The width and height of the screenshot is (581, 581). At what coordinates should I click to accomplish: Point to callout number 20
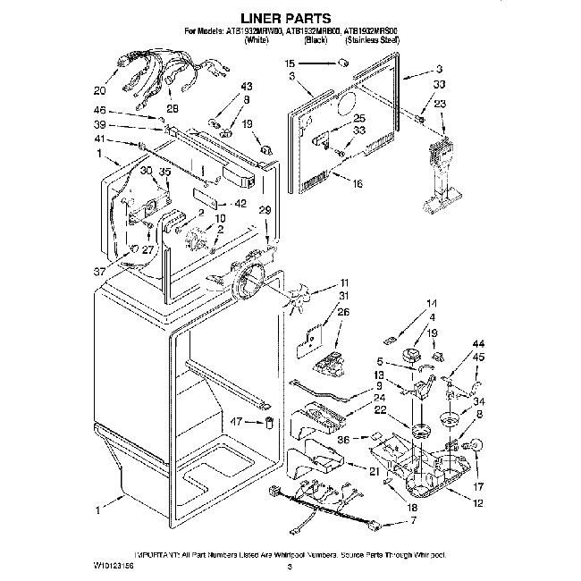coord(99,90)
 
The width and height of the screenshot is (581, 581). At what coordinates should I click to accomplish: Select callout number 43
coord(248,87)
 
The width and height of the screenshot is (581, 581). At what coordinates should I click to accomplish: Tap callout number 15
coord(290,64)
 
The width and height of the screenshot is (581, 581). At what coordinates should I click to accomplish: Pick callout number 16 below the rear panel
coord(358,185)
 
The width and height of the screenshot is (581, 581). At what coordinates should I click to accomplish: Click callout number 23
coord(440,104)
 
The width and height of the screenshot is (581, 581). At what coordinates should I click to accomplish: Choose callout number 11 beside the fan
coord(344,283)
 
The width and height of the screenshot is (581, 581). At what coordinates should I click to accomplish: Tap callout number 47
coord(238,420)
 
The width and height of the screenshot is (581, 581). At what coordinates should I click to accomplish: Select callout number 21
coord(373,472)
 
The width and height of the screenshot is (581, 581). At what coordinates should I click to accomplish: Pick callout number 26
coord(343,311)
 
